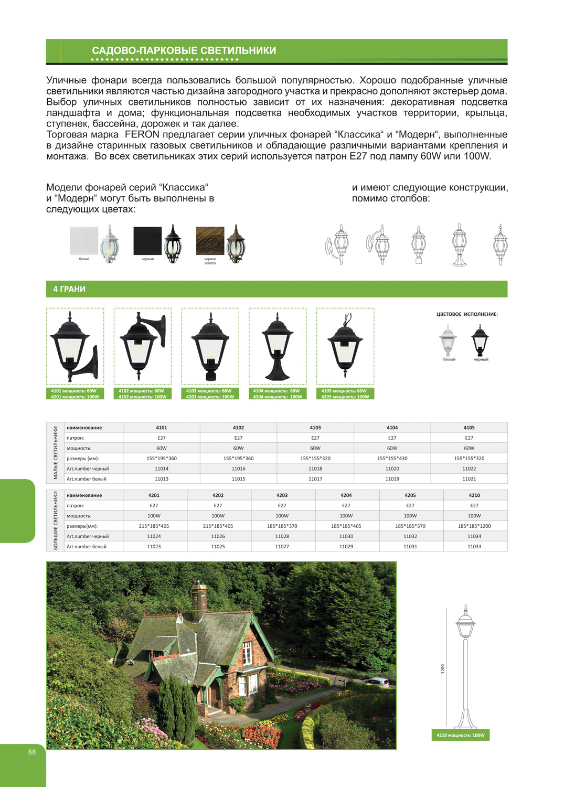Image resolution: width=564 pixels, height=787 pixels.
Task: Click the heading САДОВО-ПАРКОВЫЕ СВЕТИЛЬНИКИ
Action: point(184,51)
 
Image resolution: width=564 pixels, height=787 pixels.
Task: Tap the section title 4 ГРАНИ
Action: point(69,289)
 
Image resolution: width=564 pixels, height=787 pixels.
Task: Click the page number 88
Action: point(32,752)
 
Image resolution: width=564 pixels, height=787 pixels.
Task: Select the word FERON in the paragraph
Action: point(142,134)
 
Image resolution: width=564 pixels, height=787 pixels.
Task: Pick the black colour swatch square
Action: point(147,241)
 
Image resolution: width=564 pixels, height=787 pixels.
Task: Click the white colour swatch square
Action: point(84,241)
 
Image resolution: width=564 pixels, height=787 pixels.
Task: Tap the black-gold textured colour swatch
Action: point(210,241)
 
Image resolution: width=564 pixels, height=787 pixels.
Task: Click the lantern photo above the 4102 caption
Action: point(143,346)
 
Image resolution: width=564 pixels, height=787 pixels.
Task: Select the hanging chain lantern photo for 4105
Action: point(345,346)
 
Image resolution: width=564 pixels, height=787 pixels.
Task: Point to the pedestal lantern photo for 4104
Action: point(278,346)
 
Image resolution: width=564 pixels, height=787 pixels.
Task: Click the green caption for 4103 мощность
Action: point(210,393)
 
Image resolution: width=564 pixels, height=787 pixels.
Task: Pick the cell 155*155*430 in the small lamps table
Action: point(392,458)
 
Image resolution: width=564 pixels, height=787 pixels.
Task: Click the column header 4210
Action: point(474,495)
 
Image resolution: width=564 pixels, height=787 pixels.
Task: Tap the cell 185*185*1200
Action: point(474,526)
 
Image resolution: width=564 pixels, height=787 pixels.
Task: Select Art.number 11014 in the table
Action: point(162,469)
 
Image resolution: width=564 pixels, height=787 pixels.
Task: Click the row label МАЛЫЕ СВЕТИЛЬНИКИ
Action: point(56,453)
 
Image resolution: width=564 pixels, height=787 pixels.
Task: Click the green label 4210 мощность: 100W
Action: point(460,735)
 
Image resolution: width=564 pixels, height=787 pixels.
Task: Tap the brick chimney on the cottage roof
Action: point(198,598)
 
